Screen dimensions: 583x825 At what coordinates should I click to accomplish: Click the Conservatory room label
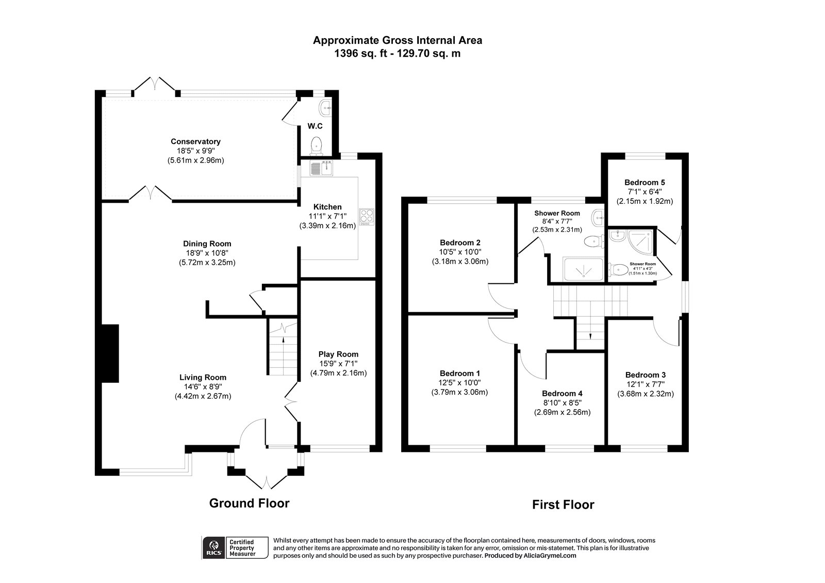(195, 141)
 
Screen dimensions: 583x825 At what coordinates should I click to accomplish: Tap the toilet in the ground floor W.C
(316, 146)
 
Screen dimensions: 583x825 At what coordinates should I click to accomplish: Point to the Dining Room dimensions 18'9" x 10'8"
(207, 253)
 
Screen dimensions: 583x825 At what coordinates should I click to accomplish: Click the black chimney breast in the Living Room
(110, 353)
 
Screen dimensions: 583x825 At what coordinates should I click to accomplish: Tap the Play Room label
(338, 354)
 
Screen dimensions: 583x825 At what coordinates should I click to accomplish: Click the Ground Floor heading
(249, 503)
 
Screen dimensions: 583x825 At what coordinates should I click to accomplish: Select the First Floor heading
(563, 505)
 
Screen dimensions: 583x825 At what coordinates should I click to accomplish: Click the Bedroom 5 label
(645, 182)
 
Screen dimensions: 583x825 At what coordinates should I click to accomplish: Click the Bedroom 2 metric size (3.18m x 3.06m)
(460, 262)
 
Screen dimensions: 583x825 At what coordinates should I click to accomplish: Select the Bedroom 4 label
(562, 393)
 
